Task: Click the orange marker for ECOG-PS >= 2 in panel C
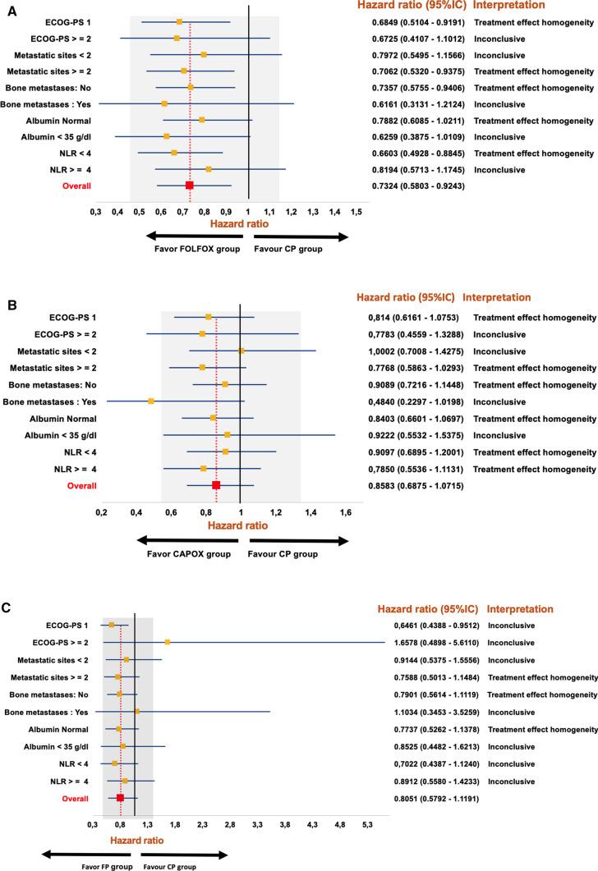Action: click(x=168, y=642)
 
